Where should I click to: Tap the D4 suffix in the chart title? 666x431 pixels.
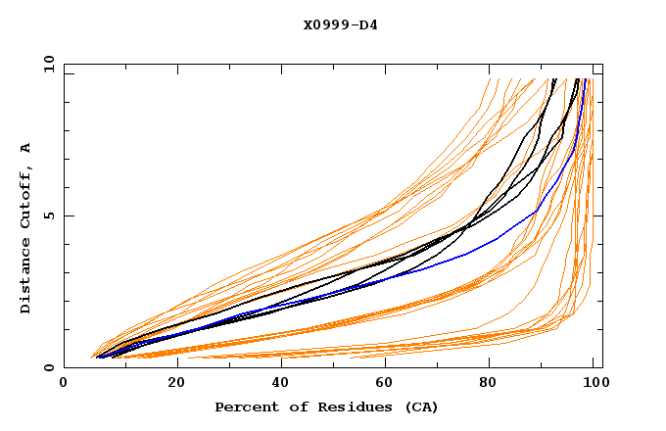(366, 24)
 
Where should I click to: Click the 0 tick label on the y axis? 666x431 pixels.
(48, 368)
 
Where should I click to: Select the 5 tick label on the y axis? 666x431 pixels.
(48, 215)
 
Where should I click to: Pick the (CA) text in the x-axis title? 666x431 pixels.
(421, 407)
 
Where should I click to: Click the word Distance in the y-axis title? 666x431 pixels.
(26, 277)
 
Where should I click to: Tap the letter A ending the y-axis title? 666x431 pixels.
(26, 147)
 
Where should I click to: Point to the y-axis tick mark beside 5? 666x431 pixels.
(68, 215)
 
